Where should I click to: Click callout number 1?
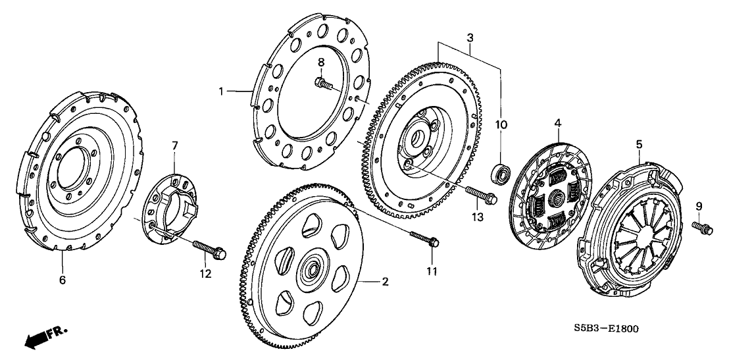[222, 91]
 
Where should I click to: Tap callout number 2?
[386, 282]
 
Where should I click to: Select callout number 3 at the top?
[470, 39]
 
